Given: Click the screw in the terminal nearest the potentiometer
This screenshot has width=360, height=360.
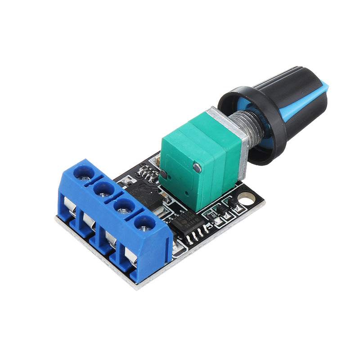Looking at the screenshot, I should pos(84,173).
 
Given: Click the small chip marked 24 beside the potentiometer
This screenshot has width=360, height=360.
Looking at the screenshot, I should pos(146,171).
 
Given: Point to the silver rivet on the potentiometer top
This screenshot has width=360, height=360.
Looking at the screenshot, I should pos(197,167).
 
